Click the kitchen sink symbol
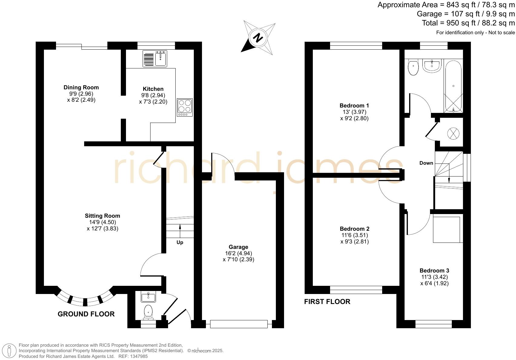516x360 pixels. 161,58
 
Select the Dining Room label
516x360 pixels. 81,88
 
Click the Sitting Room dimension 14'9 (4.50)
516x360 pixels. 102,222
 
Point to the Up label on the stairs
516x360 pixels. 180,243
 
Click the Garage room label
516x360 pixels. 238,247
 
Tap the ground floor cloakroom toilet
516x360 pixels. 148,311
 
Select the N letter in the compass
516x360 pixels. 258,38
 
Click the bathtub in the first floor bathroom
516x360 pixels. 453,86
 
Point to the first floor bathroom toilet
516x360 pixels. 413,68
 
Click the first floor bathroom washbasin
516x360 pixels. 432,66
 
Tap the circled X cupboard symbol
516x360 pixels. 453,134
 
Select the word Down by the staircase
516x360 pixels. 426,163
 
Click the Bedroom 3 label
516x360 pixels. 434,271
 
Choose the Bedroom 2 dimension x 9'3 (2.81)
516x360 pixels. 354,242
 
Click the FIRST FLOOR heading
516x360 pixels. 327,302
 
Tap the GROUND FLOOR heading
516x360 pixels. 86,314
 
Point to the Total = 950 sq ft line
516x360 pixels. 468,23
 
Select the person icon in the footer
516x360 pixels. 9,351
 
